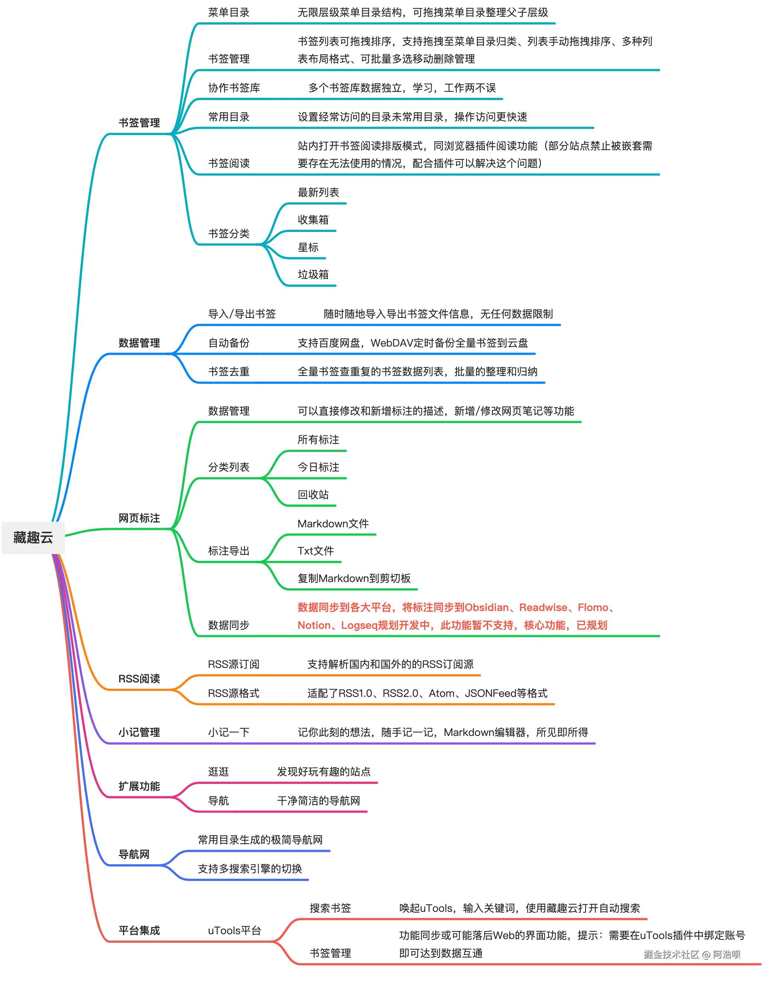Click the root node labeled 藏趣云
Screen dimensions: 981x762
click(33, 538)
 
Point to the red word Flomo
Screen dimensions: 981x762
click(594, 608)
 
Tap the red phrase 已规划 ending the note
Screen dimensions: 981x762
click(593, 625)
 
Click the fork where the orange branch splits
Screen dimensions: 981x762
click(175, 689)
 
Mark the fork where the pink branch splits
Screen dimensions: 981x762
click(175, 798)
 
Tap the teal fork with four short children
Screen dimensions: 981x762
click(264, 245)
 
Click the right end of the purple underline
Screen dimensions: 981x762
click(596, 744)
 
